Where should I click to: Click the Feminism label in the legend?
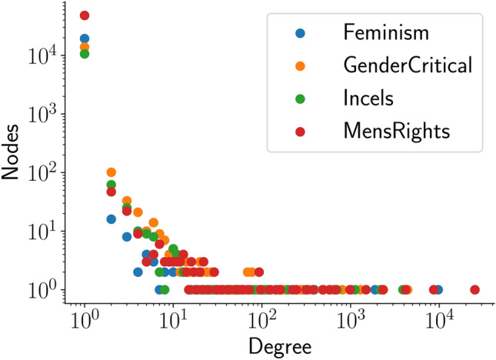point(386,33)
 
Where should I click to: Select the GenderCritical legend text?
point(407,66)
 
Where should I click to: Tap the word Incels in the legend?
point(368,99)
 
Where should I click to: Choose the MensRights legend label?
point(396,132)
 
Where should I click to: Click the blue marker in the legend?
point(300,33)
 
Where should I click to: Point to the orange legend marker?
point(300,66)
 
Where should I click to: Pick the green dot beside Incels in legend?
point(300,99)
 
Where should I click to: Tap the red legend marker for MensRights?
point(300,132)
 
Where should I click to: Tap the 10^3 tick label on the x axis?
point(351,318)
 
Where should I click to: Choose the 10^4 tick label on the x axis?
point(439,318)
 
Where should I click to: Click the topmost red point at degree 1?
point(85,15)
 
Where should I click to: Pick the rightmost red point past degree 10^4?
point(474,290)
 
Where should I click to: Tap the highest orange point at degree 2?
point(111,172)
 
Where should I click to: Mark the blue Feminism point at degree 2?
point(111,219)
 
